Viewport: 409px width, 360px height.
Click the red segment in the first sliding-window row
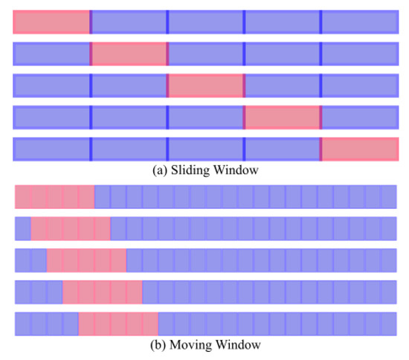click(51, 22)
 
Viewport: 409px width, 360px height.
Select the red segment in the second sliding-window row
click(129, 54)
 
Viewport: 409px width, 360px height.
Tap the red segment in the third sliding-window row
click(206, 86)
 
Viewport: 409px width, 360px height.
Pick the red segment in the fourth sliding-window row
click(283, 118)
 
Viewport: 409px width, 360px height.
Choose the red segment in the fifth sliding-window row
click(360, 150)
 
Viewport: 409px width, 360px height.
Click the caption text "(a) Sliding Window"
click(205, 170)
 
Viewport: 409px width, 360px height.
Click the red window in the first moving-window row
click(55, 197)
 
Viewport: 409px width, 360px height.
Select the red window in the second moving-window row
click(71, 229)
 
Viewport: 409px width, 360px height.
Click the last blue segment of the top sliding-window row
click(360, 22)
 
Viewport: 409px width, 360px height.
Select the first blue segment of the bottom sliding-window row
click(51, 150)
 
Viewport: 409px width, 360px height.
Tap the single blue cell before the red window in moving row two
click(23, 229)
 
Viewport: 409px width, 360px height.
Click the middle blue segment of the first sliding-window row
click(206, 22)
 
